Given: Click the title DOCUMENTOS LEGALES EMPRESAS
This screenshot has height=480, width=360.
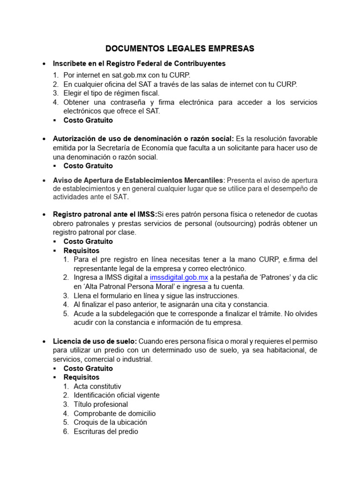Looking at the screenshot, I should pyautogui.click(x=180, y=48).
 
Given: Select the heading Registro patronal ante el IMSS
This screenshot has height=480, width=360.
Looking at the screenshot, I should pyautogui.click(x=105, y=214).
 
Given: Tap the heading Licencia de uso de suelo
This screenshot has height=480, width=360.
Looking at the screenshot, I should pyautogui.click(x=95, y=341).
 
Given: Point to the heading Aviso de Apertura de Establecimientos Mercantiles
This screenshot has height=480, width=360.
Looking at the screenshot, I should pyautogui.click(x=139, y=180).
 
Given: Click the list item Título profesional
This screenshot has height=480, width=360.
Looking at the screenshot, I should pyautogui.click(x=101, y=404).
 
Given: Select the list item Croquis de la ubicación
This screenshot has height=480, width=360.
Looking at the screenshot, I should pyautogui.click(x=107, y=422).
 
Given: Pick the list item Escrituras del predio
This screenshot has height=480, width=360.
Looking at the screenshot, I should pyautogui.click(x=106, y=431).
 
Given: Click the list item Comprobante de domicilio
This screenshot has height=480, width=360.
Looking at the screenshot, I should pyautogui.click(x=115, y=413).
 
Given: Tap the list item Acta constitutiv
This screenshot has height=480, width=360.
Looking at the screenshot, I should pyautogui.click(x=97, y=386).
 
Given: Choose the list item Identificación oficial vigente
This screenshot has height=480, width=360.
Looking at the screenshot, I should pyautogui.click(x=117, y=395).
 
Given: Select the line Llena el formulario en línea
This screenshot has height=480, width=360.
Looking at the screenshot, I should pyautogui.click(x=156, y=295).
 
